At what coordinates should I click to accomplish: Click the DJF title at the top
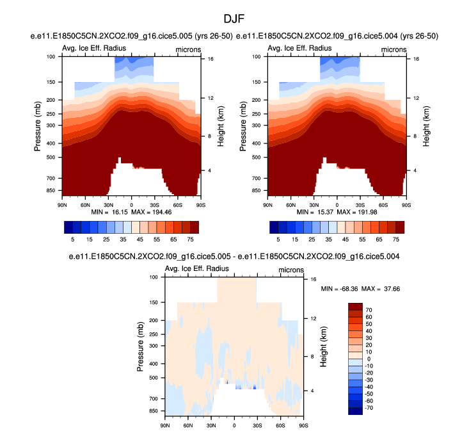pyautogui.click(x=234, y=20)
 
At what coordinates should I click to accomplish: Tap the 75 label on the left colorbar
pyautogui.click(x=189, y=237)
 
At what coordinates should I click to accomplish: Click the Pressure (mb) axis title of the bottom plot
pyautogui.click(x=140, y=346)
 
